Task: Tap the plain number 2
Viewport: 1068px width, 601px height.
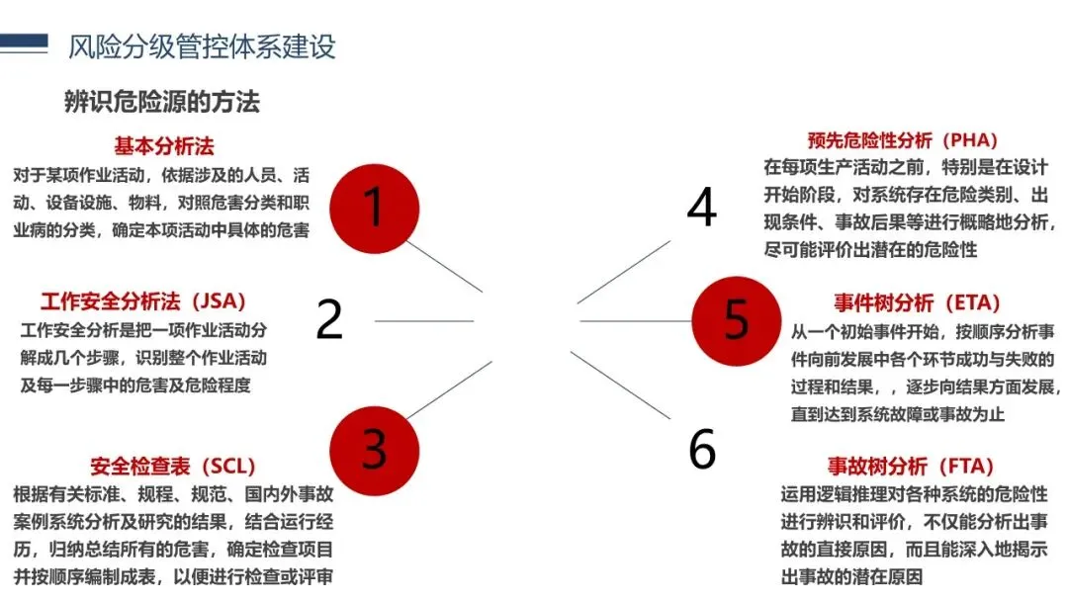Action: pyautogui.click(x=329, y=318)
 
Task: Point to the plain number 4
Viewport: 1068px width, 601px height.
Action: pyautogui.click(x=701, y=207)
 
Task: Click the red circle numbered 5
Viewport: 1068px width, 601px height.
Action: pyautogui.click(x=735, y=318)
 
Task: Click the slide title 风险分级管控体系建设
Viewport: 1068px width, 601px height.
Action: pyautogui.click(x=202, y=45)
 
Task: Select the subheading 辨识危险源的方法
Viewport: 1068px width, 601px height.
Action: pyautogui.click(x=162, y=102)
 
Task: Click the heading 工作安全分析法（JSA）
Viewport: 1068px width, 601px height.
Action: pyautogui.click(x=142, y=300)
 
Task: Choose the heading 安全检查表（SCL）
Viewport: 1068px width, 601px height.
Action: pyautogui.click(x=172, y=466)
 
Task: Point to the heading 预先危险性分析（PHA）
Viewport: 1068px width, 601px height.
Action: pyautogui.click(x=902, y=139)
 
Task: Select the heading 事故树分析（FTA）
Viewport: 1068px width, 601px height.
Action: pyautogui.click(x=910, y=466)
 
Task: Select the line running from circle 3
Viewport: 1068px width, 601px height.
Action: pyautogui.click(x=445, y=388)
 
